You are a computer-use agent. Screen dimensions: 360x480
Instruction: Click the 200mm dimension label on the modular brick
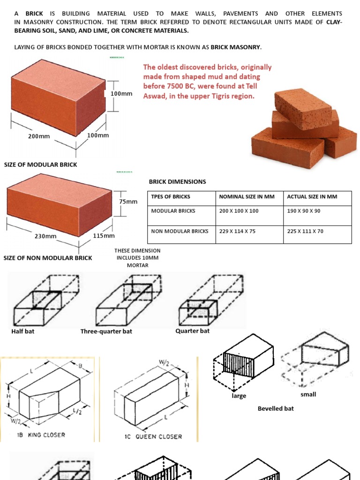tap(39, 136)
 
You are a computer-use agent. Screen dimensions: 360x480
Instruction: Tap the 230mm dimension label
tap(45, 236)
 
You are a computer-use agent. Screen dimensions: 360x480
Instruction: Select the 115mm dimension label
tap(104, 235)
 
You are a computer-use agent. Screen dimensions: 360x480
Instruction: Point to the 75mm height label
tap(128, 202)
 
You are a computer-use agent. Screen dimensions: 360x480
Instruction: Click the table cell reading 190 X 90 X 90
tap(304, 211)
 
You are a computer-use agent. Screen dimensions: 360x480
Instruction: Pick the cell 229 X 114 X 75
tap(237, 231)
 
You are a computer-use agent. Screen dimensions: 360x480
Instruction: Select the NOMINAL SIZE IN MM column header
tap(247, 196)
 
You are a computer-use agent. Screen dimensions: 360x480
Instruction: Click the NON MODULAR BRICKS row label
tap(180, 231)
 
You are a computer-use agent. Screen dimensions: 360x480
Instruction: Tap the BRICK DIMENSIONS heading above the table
tap(177, 181)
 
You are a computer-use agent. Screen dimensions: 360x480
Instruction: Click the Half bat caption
tap(22, 331)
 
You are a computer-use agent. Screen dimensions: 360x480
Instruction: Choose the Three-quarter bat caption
tap(106, 331)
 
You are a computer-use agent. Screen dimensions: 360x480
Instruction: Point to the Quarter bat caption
tap(192, 331)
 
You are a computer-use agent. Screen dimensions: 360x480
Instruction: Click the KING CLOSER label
tap(46, 435)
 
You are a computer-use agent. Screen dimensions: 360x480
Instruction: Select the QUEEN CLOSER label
tap(158, 436)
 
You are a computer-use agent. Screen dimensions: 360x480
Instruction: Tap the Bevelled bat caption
tap(276, 408)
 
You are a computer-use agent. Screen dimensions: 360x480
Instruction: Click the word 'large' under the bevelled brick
tap(239, 396)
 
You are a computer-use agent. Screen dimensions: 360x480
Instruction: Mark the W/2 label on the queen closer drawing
tap(164, 363)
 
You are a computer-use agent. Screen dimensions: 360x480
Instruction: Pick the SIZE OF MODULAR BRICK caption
tap(40, 165)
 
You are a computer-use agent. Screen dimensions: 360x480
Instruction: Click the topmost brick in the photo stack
tap(303, 109)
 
